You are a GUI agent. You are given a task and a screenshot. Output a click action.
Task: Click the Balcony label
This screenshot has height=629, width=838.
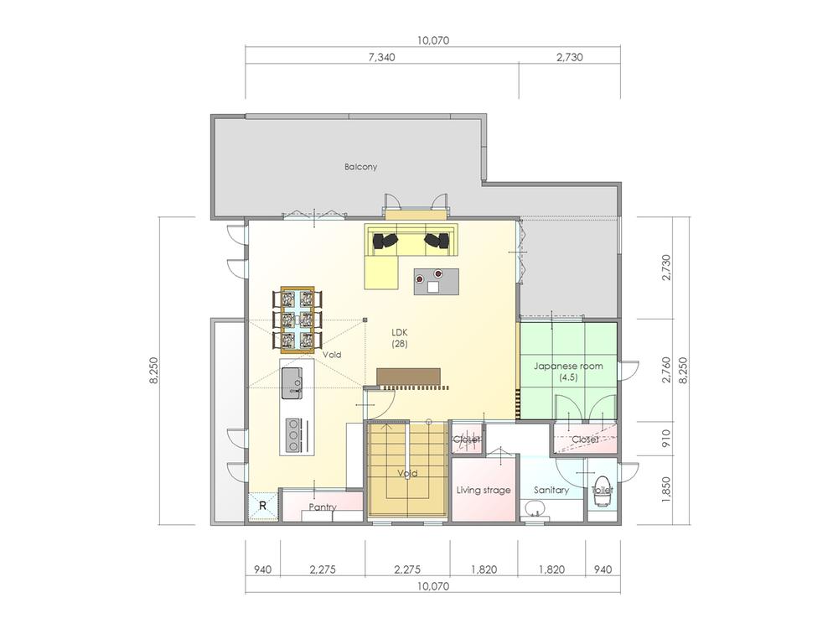360,167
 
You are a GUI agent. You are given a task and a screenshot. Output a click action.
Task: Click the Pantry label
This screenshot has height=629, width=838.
323,507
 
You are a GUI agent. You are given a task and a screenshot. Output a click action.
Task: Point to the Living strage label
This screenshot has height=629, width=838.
484,490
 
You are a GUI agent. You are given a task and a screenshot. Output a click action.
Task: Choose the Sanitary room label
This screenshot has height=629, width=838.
551,490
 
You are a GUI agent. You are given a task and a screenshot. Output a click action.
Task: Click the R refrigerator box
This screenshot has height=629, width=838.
262,506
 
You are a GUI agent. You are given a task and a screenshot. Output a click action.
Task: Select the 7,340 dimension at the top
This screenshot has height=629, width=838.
381,58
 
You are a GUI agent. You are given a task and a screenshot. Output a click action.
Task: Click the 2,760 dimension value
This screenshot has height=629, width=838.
666,371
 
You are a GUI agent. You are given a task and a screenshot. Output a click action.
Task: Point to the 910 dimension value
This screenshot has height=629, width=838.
666,437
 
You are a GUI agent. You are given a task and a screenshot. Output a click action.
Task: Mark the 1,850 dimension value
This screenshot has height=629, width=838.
666,489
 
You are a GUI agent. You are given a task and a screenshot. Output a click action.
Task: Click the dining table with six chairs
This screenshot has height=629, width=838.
297,319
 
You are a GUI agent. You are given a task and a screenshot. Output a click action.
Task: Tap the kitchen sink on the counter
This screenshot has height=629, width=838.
292,380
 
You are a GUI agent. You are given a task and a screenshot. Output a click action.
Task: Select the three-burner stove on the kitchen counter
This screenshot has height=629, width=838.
292,434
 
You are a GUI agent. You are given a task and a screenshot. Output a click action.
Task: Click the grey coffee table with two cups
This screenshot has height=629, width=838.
436,281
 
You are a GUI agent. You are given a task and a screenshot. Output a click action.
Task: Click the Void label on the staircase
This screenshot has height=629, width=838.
407,474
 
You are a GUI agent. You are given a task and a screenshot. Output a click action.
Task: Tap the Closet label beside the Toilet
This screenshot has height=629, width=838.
585,439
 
